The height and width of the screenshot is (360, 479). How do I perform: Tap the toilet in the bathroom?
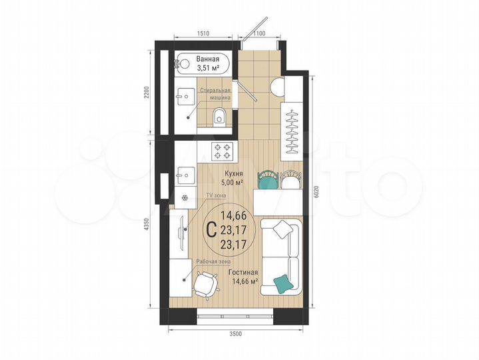tap(219, 119)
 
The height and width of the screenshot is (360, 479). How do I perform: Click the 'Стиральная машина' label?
tap(217, 93)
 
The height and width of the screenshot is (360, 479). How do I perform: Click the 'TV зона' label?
tap(215, 195)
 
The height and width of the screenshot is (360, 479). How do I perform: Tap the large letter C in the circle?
tap(211, 231)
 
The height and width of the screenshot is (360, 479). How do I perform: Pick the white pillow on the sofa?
tap(282, 229)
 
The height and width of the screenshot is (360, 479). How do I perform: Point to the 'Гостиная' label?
tap(242, 273)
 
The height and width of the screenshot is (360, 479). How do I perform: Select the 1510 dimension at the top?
tap(204, 33)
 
